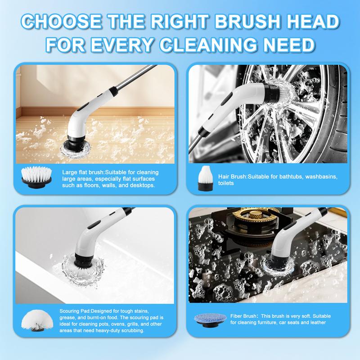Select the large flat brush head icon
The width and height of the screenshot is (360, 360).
[x=36, y=177]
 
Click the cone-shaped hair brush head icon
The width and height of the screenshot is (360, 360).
[x=206, y=178]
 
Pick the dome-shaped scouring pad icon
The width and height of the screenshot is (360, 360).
[x=37, y=320]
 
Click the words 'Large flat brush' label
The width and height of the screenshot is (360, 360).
[x=83, y=172]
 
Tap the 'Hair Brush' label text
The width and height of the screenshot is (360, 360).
[x=232, y=176]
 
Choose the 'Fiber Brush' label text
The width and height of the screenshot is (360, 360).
[x=244, y=316]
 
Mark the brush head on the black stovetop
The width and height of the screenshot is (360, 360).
[x=278, y=265]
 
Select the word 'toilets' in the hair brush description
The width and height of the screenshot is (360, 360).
[x=226, y=183]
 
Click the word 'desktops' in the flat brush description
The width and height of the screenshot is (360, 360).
[x=144, y=185]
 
